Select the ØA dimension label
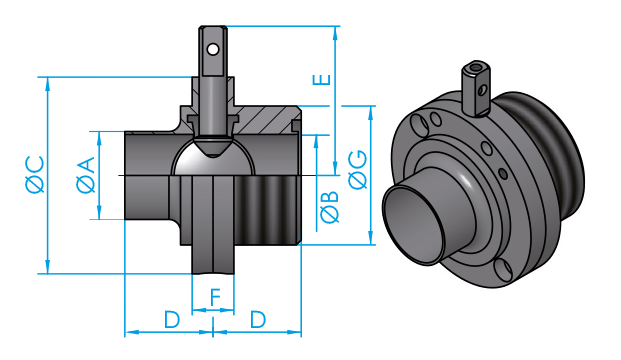(x=86, y=175)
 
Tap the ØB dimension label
(x=329, y=207)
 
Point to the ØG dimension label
(x=358, y=169)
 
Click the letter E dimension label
(x=321, y=80)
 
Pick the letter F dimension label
(x=215, y=298)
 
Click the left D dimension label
(x=172, y=320)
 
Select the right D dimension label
(x=258, y=320)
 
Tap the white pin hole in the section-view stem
(x=213, y=50)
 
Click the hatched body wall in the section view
(x=265, y=120)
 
